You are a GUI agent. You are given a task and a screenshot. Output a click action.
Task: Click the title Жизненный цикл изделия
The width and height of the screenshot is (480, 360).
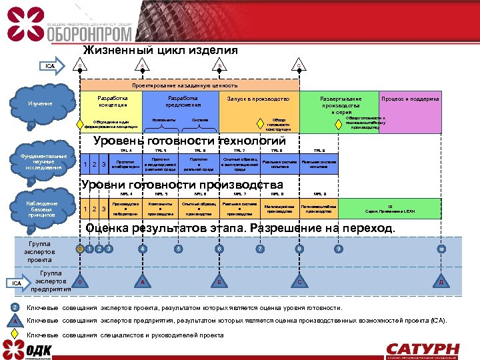coord(160,51)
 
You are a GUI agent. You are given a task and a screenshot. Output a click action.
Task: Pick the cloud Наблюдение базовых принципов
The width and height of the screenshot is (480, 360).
coord(42,208)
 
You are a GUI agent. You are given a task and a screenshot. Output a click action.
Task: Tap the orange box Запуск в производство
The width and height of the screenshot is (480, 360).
coord(259,99)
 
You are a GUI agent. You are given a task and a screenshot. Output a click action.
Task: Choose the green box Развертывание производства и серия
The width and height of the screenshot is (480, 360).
coord(340,104)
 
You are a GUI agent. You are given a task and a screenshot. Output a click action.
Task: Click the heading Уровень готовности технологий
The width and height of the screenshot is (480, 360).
coord(189,141)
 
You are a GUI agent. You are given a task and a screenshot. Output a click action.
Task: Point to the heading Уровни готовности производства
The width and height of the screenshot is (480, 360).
coord(181,185)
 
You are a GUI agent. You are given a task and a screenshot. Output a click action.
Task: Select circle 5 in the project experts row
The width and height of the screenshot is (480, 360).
coord(178,249)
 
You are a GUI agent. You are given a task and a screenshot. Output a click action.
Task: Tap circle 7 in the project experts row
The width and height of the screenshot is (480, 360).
coord(259,249)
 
